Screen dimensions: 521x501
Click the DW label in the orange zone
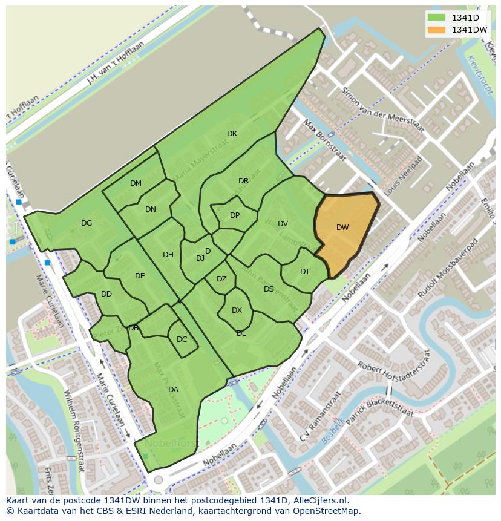tap(342, 228)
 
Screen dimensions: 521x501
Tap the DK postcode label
tap(232, 134)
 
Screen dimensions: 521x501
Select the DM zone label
tap(136, 183)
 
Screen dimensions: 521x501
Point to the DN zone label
tap(151, 209)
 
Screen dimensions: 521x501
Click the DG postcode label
tap(87, 223)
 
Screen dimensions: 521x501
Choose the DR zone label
tap(243, 181)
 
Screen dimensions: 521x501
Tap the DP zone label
tap(235, 215)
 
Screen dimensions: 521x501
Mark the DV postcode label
tap(283, 224)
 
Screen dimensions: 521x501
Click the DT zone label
tap(305, 272)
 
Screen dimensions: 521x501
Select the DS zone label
tap(269, 289)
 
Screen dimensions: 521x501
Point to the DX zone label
tap(237, 310)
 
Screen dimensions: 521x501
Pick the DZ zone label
tap(221, 279)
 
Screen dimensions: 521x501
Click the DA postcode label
tap(173, 390)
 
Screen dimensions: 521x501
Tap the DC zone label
tap(182, 339)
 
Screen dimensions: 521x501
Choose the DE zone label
tap(140, 276)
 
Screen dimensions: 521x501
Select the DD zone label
tap(106, 294)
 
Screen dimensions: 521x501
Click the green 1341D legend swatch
tap(436, 17)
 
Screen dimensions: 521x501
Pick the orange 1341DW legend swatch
tap(436, 30)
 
